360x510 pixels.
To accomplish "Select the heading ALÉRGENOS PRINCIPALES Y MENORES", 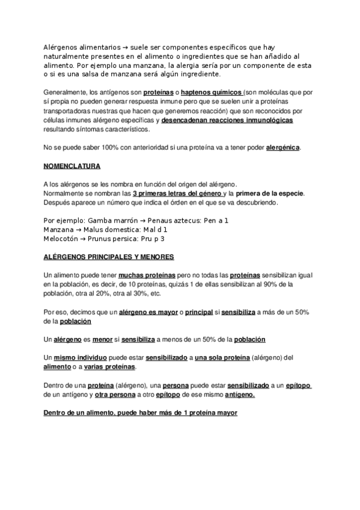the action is (x=109, y=257).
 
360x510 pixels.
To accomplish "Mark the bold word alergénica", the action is (x=282, y=147).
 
